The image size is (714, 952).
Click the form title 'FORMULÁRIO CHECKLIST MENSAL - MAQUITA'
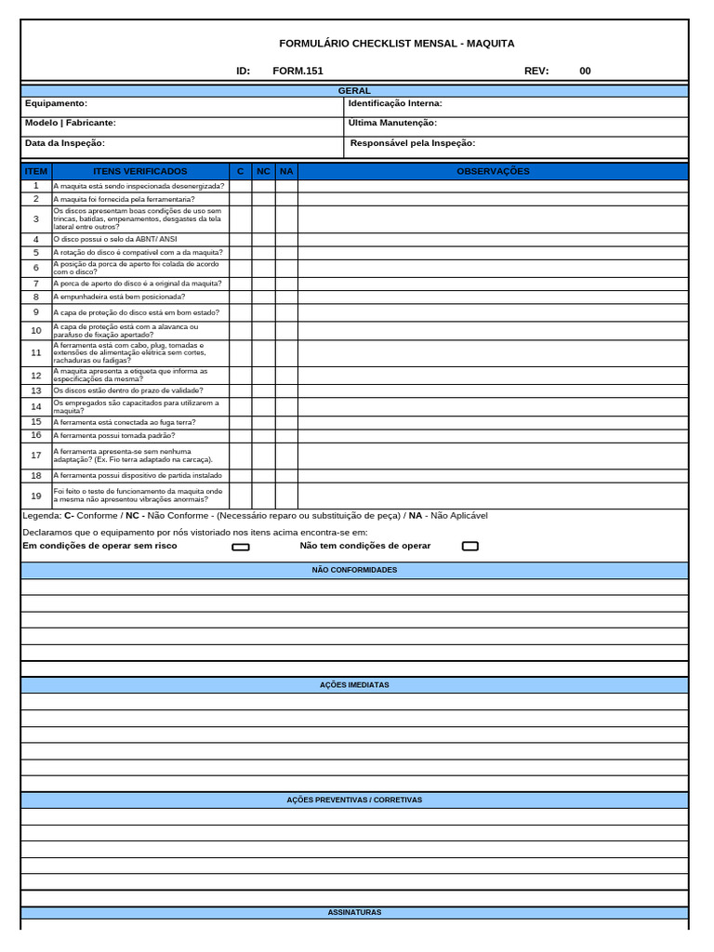(x=396, y=44)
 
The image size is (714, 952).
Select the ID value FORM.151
(x=297, y=71)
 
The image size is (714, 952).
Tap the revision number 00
(x=585, y=71)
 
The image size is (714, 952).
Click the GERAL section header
(x=354, y=91)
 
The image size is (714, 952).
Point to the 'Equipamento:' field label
(x=56, y=103)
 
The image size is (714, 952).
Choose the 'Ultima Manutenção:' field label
(x=392, y=123)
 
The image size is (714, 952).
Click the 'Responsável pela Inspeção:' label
(x=413, y=143)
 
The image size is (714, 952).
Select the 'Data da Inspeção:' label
(x=64, y=143)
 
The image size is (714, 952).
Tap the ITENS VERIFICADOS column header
(x=140, y=171)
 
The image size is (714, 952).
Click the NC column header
(x=263, y=171)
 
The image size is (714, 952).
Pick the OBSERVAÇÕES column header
(x=493, y=171)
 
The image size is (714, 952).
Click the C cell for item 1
(x=240, y=186)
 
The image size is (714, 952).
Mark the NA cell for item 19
(x=286, y=496)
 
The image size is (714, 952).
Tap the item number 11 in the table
(x=36, y=353)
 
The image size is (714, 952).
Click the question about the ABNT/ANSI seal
(x=115, y=239)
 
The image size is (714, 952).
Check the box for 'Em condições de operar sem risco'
(x=241, y=547)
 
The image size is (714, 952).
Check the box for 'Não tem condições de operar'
(x=470, y=546)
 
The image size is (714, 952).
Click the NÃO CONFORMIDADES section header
(x=354, y=570)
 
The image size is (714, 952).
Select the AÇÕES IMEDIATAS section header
(x=354, y=685)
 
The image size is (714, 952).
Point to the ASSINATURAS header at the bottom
(x=354, y=913)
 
